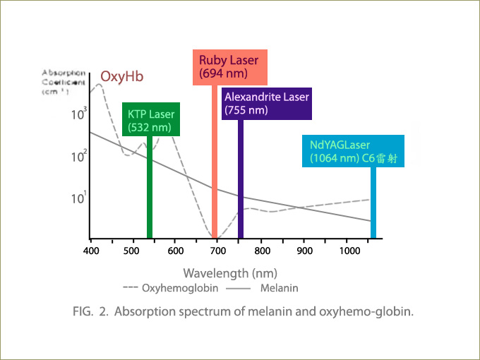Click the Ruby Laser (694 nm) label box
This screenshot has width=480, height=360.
click(228, 66)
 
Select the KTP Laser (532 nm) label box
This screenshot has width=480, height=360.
click(151, 120)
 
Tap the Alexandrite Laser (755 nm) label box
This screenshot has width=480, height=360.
click(266, 103)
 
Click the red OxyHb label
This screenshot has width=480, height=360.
click(121, 76)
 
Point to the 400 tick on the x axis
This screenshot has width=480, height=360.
click(90, 251)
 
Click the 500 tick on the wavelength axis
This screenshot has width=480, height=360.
click(133, 251)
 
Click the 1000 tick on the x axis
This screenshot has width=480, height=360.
click(348, 251)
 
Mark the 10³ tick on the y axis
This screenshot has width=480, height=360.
click(79, 113)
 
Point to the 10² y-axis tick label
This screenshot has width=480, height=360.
click(79, 155)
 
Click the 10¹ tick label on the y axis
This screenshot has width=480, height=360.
click(79, 198)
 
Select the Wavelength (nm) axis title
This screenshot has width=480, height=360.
click(230, 272)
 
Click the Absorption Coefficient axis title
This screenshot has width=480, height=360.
click(64, 81)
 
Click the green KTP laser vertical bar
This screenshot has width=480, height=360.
click(150, 187)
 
